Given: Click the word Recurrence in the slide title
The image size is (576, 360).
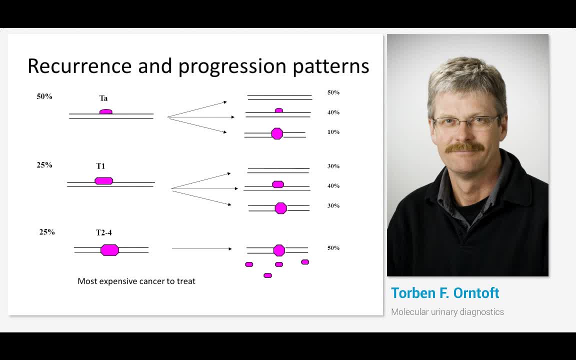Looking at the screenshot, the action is [79, 66].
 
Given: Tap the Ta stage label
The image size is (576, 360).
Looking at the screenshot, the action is [103, 98].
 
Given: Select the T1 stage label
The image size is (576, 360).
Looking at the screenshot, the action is [100, 166].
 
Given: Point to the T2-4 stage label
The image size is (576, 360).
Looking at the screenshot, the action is [104, 232].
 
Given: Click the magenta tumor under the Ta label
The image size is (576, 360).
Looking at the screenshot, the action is [106, 111].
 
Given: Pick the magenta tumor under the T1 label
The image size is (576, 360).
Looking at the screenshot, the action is [104, 180].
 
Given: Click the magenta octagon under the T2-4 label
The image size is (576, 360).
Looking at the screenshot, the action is [110, 250].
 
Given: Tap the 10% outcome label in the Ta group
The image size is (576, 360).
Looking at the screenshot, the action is [333, 132].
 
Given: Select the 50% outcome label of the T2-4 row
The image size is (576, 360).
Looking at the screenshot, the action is [333, 248].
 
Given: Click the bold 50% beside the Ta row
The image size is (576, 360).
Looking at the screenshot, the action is [44, 96].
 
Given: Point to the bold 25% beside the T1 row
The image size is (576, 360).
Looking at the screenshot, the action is [44, 165].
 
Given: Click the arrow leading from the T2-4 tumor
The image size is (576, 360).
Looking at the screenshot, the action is [201, 248].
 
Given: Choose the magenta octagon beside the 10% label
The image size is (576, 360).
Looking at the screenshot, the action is [277, 133].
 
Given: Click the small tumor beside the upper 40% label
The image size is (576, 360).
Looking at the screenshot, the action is [279, 110].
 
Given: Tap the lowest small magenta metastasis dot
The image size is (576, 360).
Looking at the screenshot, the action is [268, 275].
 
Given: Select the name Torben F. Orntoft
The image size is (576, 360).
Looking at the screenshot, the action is [445, 293].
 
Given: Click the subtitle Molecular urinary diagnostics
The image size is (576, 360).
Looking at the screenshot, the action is [447, 312].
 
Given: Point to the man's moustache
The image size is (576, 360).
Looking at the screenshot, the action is [464, 147].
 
